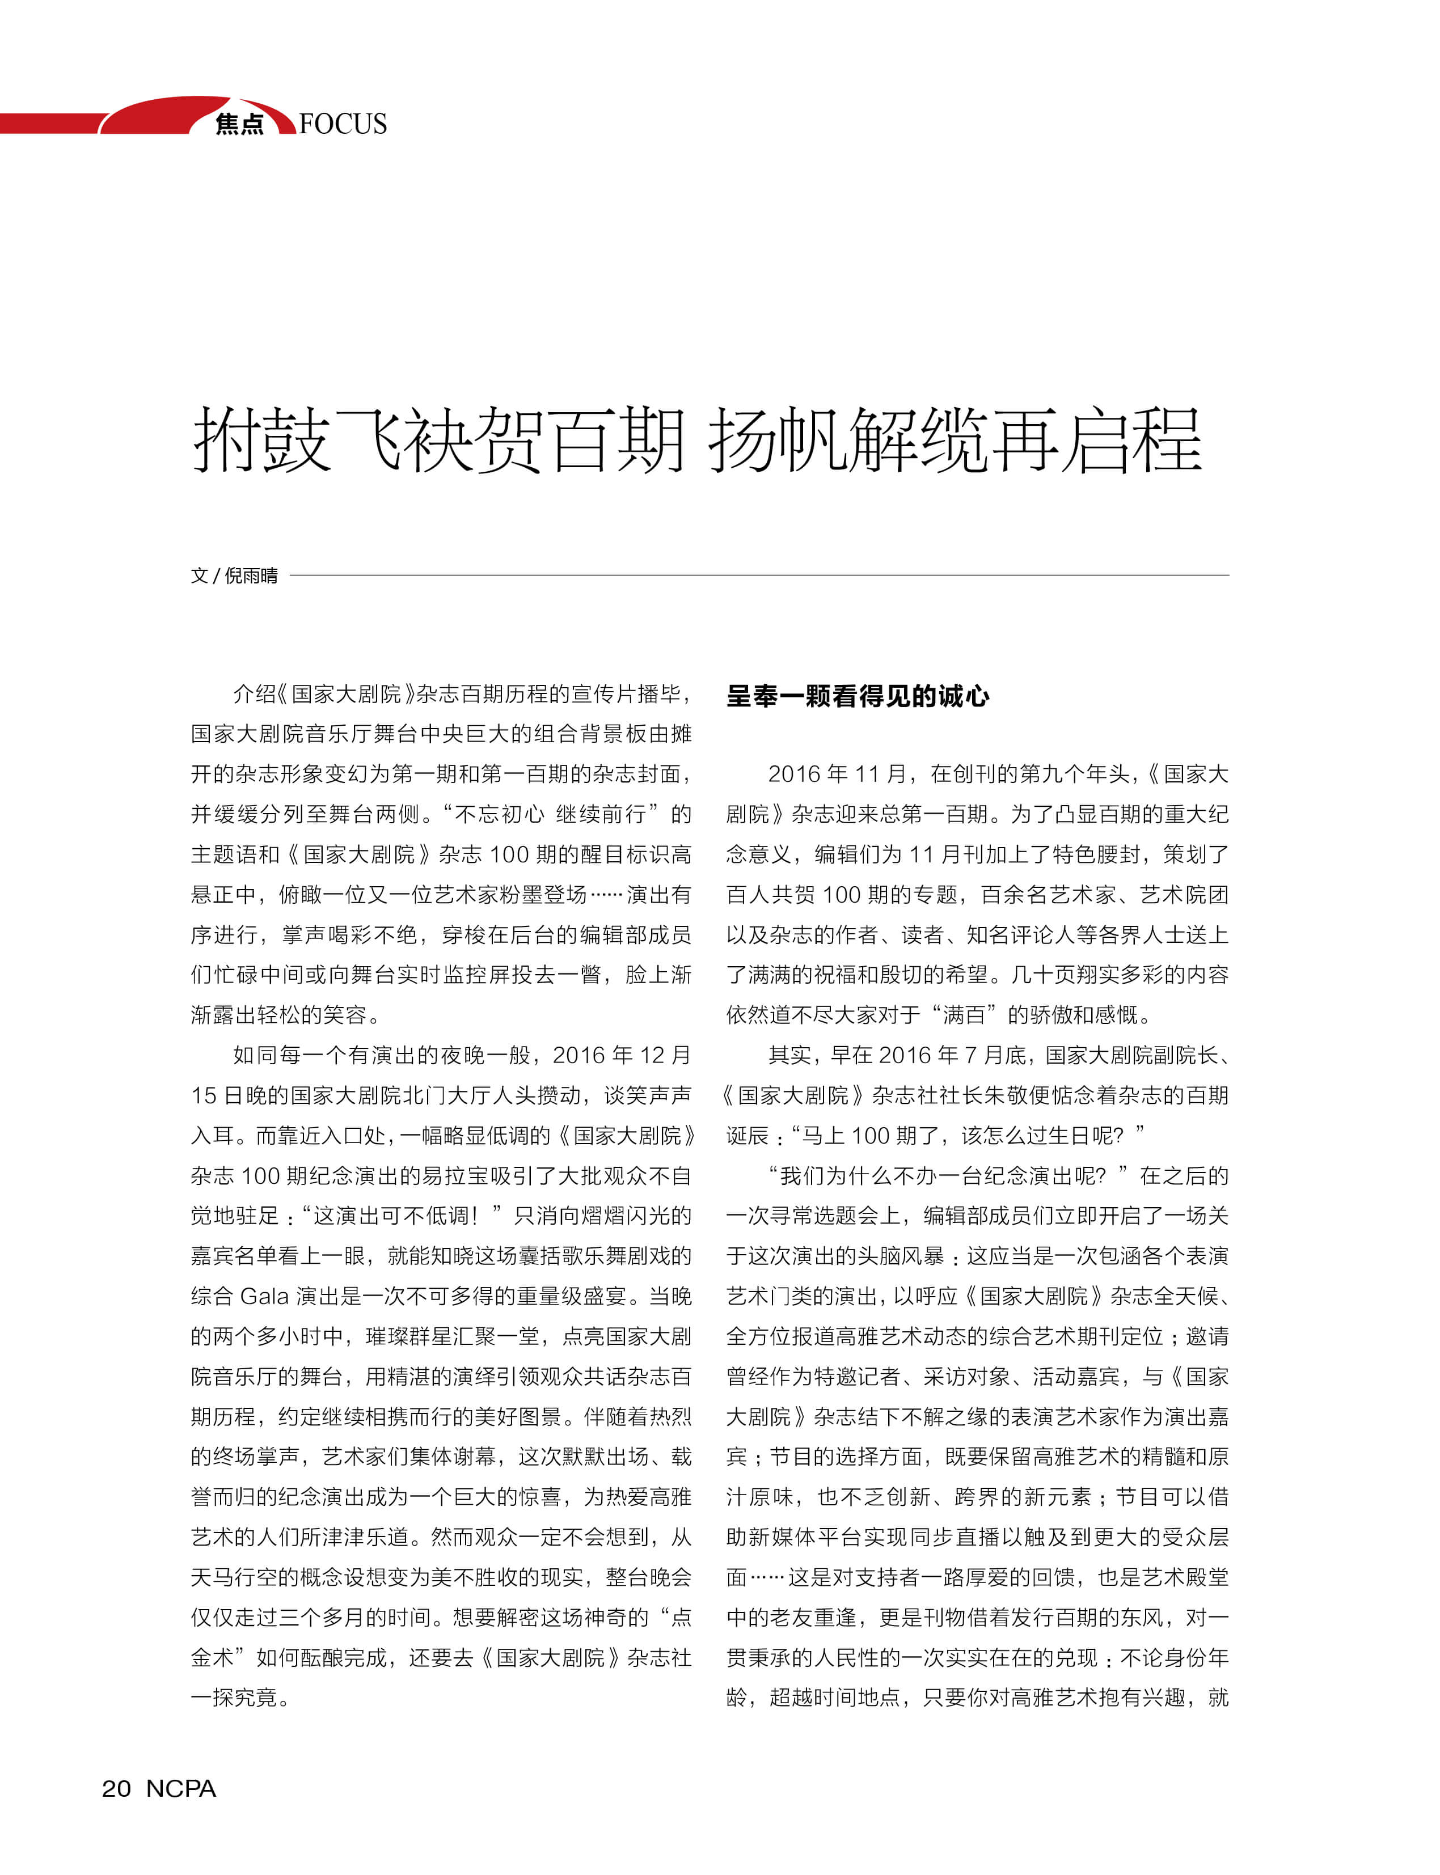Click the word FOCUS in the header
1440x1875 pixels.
pos(343,124)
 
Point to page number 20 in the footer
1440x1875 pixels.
pos(117,1788)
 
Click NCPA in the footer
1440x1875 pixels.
pos(181,1788)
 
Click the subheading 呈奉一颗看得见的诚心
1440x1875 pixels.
pos(857,696)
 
